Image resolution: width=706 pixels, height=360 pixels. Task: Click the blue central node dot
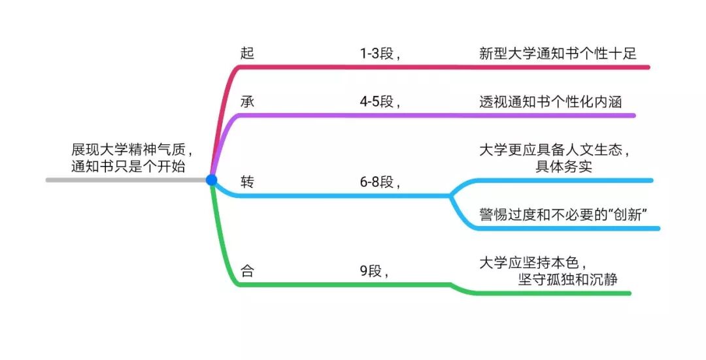coord(211,180)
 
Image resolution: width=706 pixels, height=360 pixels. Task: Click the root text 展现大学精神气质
coord(129,149)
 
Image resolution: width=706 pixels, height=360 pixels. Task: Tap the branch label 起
coord(247,54)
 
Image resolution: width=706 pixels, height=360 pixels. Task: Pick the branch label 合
coord(247,270)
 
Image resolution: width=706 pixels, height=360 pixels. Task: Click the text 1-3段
coord(378,54)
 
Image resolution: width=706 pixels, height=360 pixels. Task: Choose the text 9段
coord(373,270)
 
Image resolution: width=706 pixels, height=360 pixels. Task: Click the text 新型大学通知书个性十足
coord(558,54)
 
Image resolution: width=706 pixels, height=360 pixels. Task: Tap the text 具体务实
coord(564,166)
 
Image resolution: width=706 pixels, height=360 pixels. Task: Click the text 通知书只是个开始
coord(128,166)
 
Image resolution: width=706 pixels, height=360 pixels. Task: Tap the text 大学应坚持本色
coord(528,263)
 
